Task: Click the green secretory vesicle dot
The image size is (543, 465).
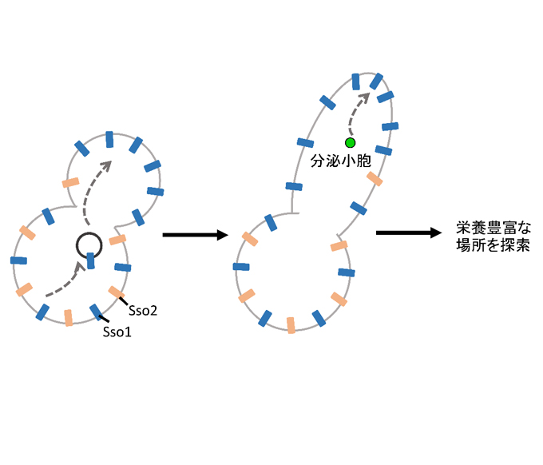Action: pyautogui.click(x=350, y=142)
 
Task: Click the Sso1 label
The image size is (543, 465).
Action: pyautogui.click(x=117, y=330)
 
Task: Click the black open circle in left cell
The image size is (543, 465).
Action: pyautogui.click(x=89, y=246)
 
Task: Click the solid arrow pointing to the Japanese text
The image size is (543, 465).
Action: pyautogui.click(x=408, y=232)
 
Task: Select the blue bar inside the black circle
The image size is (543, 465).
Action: pyautogui.click(x=91, y=260)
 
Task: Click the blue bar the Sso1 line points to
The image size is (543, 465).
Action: pyautogui.click(x=96, y=312)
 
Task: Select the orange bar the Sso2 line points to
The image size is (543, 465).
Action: pyautogui.click(x=117, y=292)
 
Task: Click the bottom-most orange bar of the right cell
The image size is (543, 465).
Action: pyautogui.click(x=291, y=324)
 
